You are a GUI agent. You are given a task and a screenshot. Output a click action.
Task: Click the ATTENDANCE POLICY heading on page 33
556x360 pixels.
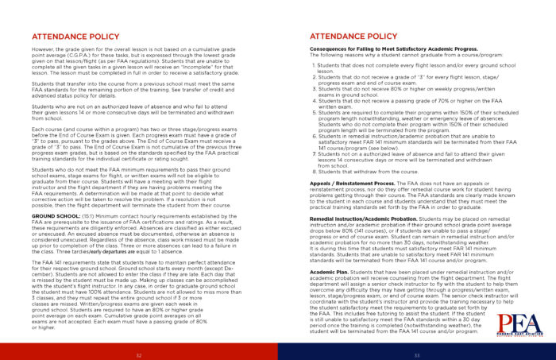[x=353, y=37]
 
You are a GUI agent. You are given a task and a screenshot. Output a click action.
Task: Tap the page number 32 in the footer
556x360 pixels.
[x=138, y=354]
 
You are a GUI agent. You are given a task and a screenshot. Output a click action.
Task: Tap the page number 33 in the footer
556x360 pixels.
[x=416, y=354]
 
